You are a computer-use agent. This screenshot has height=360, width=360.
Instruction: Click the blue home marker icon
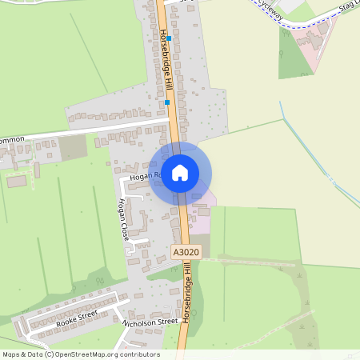click(x=180, y=173)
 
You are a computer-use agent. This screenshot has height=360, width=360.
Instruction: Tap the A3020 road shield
click(x=186, y=252)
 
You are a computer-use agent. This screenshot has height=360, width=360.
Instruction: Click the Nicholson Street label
click(x=150, y=322)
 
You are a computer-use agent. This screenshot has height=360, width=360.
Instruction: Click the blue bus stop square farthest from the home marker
click(x=169, y=38)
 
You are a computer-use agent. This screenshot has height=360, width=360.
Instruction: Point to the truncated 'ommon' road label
click(x=12, y=140)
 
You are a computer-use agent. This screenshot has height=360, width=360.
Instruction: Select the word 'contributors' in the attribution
click(x=139, y=354)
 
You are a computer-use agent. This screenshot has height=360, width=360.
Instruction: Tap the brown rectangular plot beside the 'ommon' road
click(x=73, y=147)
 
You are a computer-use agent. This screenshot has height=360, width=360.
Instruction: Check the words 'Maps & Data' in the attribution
click(x=22, y=354)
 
